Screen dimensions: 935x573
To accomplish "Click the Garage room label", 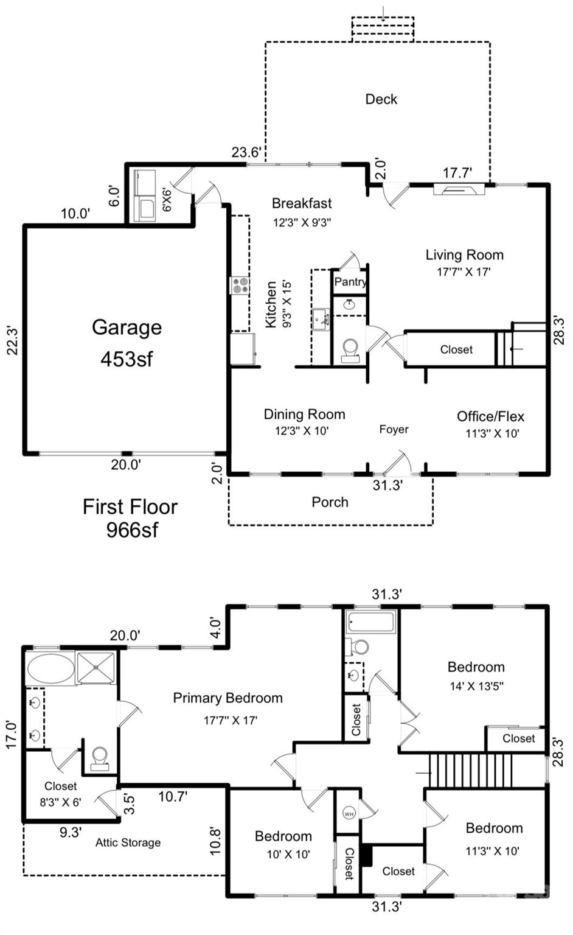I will point(127,327).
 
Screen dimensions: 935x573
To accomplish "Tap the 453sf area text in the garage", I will point(127,359).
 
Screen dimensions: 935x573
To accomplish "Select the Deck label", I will point(381,99).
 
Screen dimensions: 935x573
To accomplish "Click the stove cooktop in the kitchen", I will point(239,285).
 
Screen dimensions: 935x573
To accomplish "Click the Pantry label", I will point(350,281).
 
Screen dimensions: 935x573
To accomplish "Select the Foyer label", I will point(394,430).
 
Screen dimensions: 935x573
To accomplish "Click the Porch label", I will point(330,502).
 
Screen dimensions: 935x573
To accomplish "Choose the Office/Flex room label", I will point(490,416).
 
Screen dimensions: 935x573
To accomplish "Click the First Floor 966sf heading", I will point(130,518).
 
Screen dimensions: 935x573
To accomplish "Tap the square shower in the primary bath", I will point(96,667).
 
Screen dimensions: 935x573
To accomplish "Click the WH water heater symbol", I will point(349,813).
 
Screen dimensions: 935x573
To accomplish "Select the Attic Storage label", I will point(128,842).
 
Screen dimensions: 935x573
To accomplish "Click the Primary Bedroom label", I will point(227,698).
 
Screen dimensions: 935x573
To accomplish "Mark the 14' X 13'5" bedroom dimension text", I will point(476,686).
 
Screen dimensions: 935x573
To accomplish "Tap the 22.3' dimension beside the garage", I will point(13,340).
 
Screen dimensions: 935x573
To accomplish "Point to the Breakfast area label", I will point(302,203).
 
